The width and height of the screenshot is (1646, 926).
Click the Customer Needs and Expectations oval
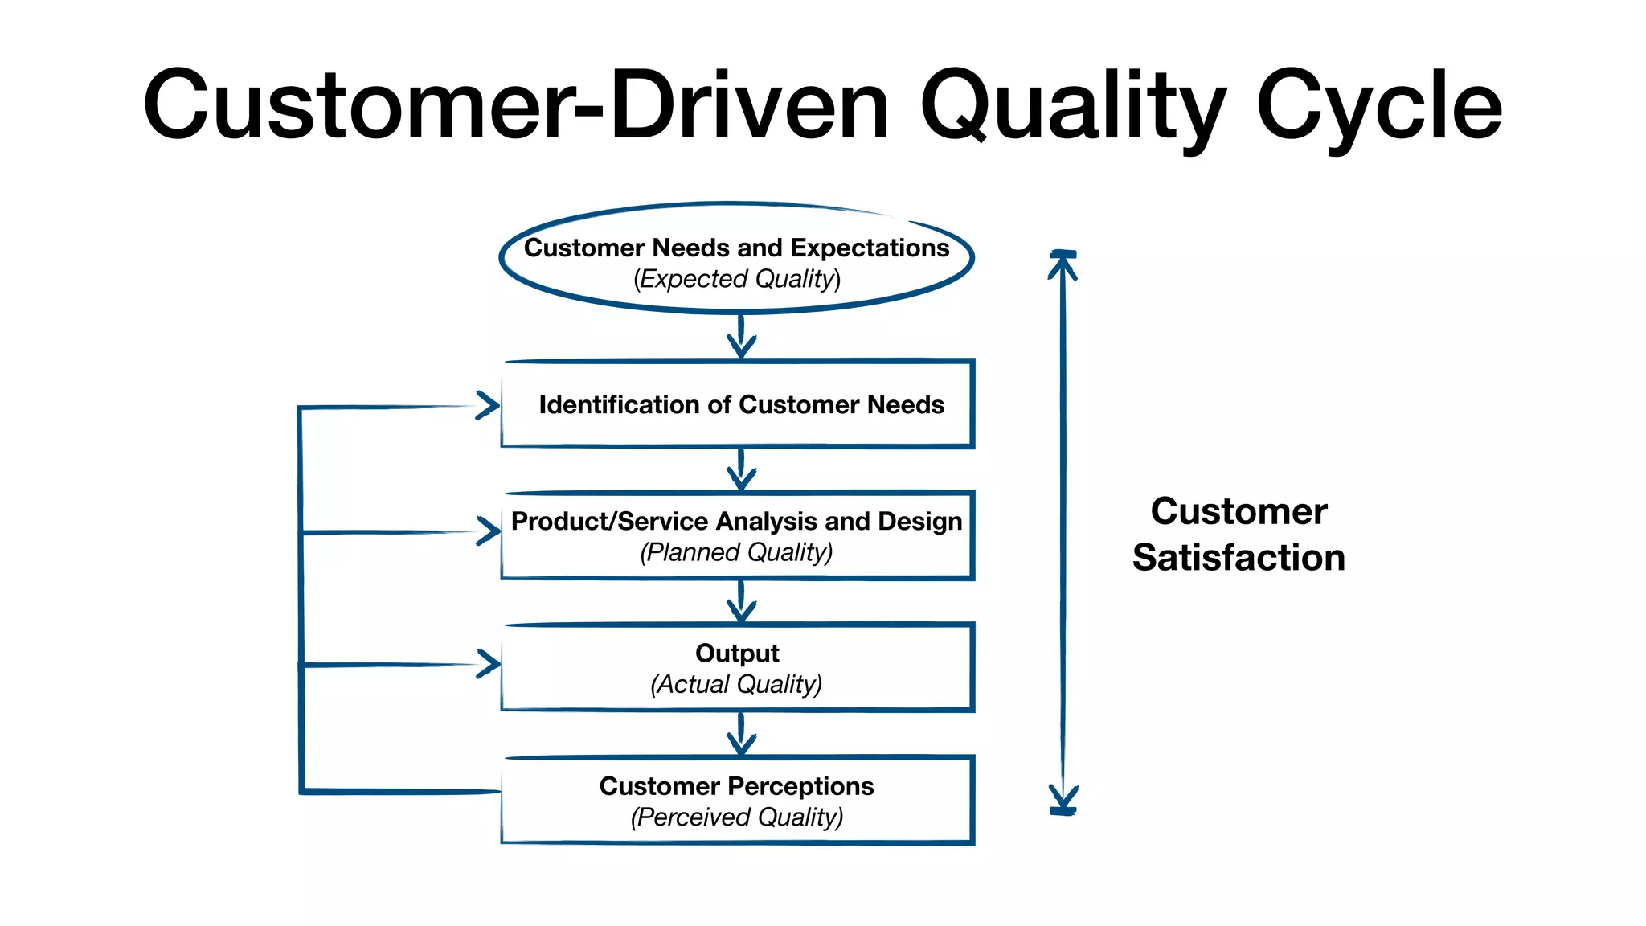click(736, 257)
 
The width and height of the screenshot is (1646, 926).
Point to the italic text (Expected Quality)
click(736, 279)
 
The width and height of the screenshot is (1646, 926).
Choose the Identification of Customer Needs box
click(738, 404)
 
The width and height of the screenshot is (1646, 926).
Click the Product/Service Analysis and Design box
click(736, 535)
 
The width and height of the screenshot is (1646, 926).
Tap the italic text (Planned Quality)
click(736, 552)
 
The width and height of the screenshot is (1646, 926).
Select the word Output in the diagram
click(737, 653)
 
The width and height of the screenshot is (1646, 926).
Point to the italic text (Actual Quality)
click(736, 684)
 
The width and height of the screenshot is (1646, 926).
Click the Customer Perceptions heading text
click(736, 785)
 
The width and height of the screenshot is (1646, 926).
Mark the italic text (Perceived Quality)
click(736, 817)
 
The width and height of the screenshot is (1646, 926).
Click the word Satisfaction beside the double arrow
click(1239, 557)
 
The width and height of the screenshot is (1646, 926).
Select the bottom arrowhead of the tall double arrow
click(1063, 800)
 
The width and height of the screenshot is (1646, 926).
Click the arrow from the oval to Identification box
click(741, 336)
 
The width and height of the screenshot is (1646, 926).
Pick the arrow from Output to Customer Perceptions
click(741, 733)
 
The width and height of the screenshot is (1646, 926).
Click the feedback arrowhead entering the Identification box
click(488, 405)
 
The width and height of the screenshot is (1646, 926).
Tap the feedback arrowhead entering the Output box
click(488, 664)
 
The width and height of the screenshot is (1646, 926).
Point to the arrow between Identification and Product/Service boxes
click(741, 469)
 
